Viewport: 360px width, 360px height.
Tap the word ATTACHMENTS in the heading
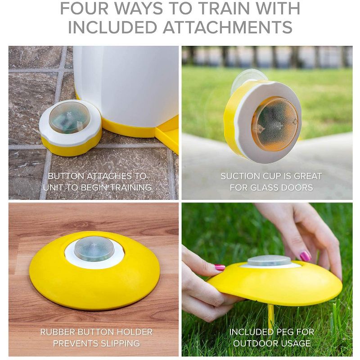click(228, 27)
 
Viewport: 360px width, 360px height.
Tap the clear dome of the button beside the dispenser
click(69, 117)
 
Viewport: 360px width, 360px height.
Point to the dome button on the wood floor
click(94, 248)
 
